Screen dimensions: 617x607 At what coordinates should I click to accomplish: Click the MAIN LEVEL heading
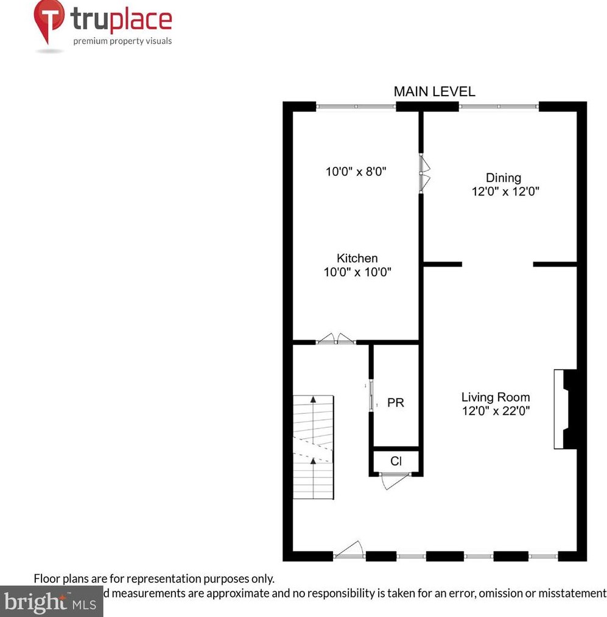pos(434,92)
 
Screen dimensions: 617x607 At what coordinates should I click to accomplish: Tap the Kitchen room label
pos(357,259)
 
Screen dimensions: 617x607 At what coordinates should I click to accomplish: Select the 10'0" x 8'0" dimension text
pos(357,172)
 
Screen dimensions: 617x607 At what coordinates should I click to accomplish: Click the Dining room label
pos(503,178)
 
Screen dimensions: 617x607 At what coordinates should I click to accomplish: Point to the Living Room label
pos(496,397)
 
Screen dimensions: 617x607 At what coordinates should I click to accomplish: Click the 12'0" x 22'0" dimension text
pos(496,411)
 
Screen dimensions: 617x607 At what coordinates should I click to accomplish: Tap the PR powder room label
pos(396,403)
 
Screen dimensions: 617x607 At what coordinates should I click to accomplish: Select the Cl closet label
pos(396,461)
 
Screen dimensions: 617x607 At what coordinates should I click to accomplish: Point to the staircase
pos(314,447)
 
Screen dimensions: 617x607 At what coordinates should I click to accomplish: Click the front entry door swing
pos(349,549)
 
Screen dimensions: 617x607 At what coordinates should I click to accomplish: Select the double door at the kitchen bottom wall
pos(336,340)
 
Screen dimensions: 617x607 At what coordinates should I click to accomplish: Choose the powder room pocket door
pos(370,396)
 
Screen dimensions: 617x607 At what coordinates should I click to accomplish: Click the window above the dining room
pos(499,106)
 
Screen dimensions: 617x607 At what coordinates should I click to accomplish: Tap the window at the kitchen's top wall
pos(356,106)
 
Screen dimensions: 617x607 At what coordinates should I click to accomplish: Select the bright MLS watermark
pos(51,602)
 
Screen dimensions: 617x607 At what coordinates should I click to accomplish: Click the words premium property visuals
pos(122,41)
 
